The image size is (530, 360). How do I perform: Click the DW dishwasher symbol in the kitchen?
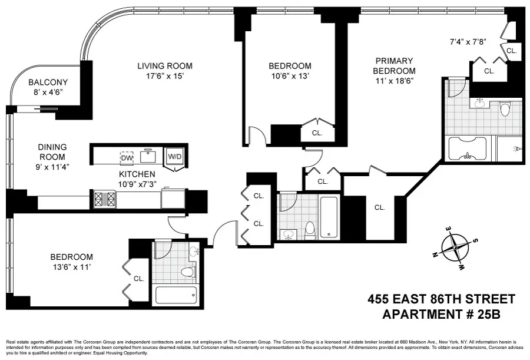(x=127, y=157)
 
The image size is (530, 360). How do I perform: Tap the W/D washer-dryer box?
(x=175, y=157)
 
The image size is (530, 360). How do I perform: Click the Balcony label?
(x=48, y=82)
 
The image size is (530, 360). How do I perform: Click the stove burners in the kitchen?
(x=98, y=199)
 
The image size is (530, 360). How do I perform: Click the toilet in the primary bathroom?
(x=505, y=109)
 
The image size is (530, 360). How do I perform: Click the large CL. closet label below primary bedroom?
(x=379, y=207)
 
